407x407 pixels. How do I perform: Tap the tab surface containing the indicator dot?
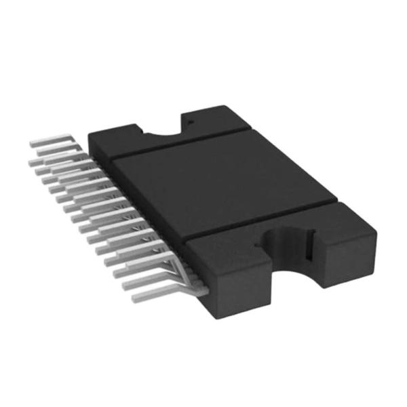click(x=210, y=119)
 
